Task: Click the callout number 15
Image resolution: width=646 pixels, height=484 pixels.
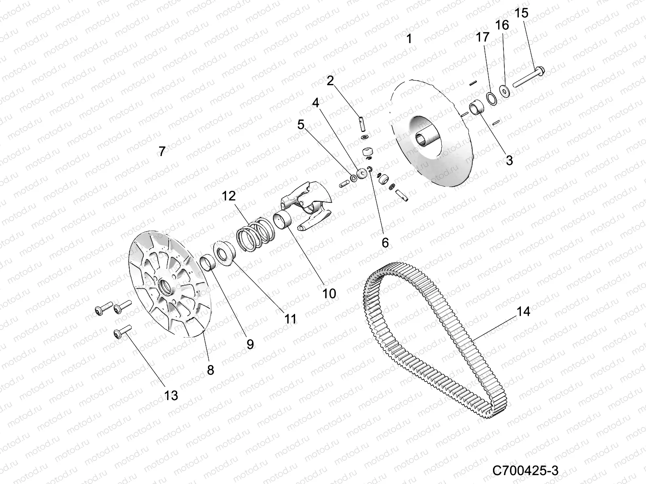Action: coord(522,13)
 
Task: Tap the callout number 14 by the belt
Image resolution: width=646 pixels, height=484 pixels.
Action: coord(523,312)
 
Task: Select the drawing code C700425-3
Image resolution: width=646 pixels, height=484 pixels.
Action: coord(525,470)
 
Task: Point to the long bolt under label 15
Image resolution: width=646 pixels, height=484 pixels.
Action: coord(529,78)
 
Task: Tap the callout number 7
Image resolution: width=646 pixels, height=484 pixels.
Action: coord(161,152)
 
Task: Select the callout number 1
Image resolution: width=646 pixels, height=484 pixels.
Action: coord(409,39)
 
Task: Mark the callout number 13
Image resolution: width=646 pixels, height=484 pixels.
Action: coord(171,395)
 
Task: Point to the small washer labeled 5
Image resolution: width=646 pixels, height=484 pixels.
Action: coord(353,178)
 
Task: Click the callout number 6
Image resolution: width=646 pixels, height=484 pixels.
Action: coord(385,242)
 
